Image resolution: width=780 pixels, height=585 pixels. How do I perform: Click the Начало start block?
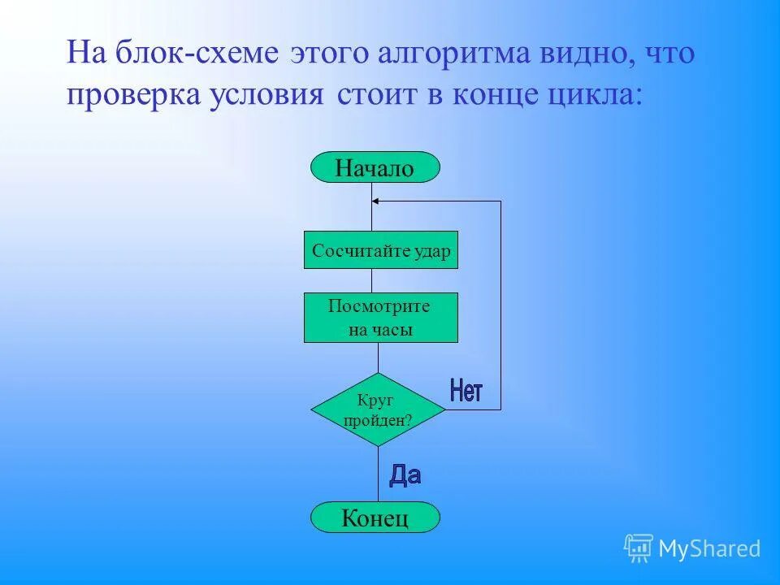375,168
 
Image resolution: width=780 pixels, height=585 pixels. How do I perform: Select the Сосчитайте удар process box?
381,251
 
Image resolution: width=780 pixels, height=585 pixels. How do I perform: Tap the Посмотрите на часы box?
381,318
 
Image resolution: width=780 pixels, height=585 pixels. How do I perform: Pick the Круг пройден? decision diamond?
378,409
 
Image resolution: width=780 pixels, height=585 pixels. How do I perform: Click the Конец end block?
375,518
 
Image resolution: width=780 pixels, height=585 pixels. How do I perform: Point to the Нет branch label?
466,392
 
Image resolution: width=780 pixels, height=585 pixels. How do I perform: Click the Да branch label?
405,475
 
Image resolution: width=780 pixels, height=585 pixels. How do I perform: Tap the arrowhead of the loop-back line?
375,201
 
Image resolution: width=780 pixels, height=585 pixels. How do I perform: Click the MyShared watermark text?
709,549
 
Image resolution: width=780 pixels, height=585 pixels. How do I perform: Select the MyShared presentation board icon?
639,548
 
